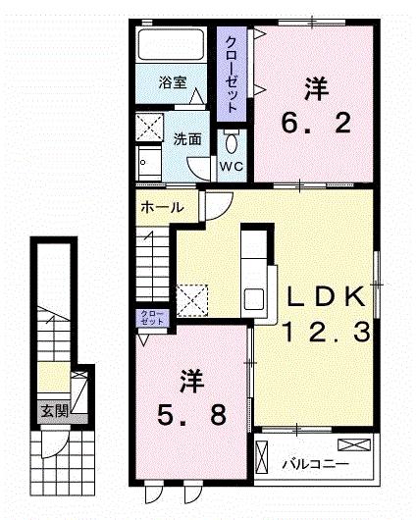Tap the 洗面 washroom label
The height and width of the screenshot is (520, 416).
click(x=188, y=138)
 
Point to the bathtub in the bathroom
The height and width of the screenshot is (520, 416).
click(x=169, y=46)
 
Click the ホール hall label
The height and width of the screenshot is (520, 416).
click(x=161, y=208)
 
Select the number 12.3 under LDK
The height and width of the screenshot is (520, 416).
click(x=328, y=333)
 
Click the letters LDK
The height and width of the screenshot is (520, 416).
click(x=326, y=296)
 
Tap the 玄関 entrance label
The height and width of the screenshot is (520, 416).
click(x=54, y=411)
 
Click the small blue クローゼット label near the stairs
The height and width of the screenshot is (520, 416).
click(x=150, y=317)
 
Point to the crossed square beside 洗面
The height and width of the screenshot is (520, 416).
click(x=152, y=128)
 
